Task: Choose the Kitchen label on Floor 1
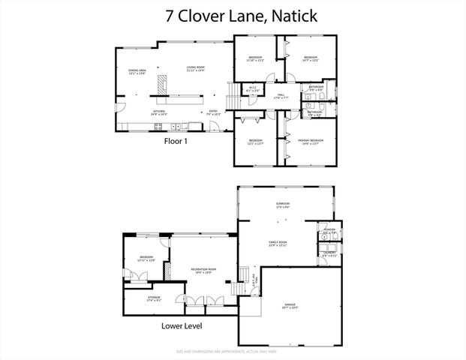click(x=158, y=112)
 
